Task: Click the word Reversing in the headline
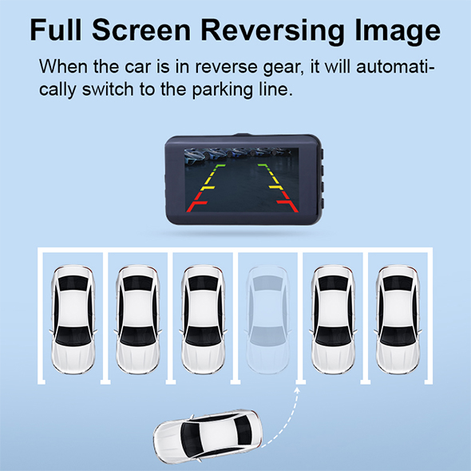[x=272, y=31]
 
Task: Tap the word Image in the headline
[x=398, y=31]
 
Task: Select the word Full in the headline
[x=56, y=30]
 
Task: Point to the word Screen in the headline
[x=141, y=30]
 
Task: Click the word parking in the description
[x=222, y=89]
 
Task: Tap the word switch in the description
[x=108, y=89]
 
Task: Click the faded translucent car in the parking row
[x=267, y=319]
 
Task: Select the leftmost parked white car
[x=73, y=319]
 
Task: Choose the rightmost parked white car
[x=398, y=319]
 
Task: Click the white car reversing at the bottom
[x=208, y=437]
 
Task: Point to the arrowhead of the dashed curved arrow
[x=297, y=390]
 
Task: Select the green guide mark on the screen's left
[x=219, y=166]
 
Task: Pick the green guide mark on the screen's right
[x=263, y=166]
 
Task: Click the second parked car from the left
[x=138, y=319]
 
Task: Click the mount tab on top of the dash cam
[x=243, y=135]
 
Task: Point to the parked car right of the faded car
[x=333, y=319]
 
